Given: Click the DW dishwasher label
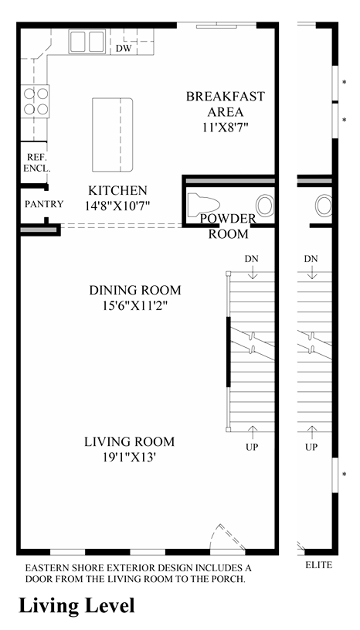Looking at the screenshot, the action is (x=124, y=49).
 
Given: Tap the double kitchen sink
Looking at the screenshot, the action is (x=87, y=42).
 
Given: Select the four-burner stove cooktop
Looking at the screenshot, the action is (x=35, y=100).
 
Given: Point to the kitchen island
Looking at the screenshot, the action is (x=112, y=135).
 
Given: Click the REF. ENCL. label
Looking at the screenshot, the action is (x=36, y=163).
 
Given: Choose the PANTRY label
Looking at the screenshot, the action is (x=44, y=204).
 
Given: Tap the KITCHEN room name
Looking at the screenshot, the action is (x=117, y=190).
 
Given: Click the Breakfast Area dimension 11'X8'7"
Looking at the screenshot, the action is (x=225, y=127).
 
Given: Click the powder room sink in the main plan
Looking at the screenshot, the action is (x=265, y=206).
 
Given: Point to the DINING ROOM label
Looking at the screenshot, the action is (x=135, y=290).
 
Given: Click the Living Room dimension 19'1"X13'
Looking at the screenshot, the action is (x=129, y=457).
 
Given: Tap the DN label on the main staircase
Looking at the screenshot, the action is (x=252, y=259).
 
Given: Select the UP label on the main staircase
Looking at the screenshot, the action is (x=252, y=447).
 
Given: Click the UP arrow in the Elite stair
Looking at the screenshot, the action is (x=311, y=432).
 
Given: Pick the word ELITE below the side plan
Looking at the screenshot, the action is (x=318, y=565).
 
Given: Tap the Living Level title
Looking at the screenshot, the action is (x=76, y=606).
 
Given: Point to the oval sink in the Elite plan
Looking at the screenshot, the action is (x=324, y=206).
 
